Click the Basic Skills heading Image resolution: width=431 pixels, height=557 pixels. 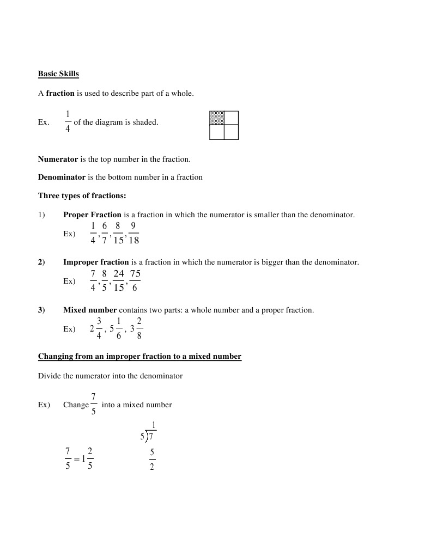tap(58, 74)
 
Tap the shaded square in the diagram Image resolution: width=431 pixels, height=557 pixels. tap(217, 118)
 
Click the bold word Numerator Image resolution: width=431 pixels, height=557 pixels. tap(58, 160)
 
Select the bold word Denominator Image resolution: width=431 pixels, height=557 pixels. tap(62, 177)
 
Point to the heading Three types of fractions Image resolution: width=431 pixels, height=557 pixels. tap(82, 195)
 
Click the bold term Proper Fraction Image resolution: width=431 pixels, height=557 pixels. tap(92, 215)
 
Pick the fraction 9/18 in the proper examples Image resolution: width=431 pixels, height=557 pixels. tap(133, 233)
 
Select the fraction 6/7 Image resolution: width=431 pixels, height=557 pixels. tap(105, 233)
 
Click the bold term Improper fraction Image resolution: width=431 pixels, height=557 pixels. tap(96, 262)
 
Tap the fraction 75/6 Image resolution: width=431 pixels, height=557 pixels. tap(135, 280)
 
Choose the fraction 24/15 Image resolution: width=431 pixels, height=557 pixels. tap(118, 280)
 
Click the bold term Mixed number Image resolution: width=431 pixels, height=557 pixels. tap(90, 310)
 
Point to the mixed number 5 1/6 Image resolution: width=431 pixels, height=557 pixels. tap(116, 329)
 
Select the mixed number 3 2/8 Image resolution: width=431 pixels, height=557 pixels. tap(136, 329)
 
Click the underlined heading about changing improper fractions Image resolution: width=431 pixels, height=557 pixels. tap(139, 357)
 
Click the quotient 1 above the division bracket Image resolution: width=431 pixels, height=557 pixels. tap(154, 425)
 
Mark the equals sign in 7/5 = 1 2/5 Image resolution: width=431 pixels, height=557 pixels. tap(76, 458)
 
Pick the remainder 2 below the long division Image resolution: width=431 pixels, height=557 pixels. tap(152, 467)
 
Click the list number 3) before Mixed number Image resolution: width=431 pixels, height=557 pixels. tap(41, 310)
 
